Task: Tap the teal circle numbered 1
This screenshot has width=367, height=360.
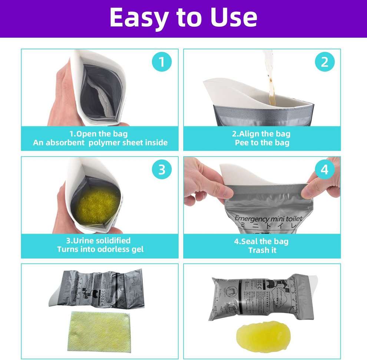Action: [x=161, y=62]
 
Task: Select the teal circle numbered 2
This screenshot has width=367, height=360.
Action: [x=324, y=62]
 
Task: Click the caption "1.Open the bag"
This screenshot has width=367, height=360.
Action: [x=100, y=134]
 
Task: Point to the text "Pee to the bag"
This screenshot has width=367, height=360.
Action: [x=262, y=143]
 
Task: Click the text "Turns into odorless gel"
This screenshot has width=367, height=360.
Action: [x=100, y=249]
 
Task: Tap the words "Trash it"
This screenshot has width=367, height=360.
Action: [x=262, y=250]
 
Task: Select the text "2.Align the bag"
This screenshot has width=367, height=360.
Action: [x=262, y=134]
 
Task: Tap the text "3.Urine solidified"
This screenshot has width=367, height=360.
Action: [x=100, y=240]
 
